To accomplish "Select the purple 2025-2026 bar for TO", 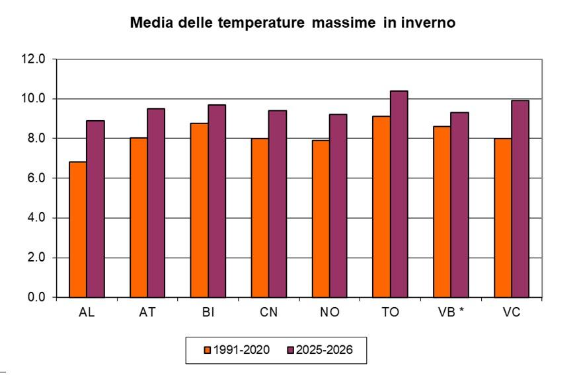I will click(x=399, y=194).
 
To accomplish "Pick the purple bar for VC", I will click(x=520, y=199).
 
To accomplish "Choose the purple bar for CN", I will click(x=278, y=204).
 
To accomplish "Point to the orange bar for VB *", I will click(x=442, y=211).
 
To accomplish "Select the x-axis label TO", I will click(x=390, y=313).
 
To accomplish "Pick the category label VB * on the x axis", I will click(x=451, y=313).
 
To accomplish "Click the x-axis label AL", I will click(x=87, y=313).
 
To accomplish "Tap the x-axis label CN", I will click(x=268, y=313).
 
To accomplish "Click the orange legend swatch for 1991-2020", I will click(x=207, y=350).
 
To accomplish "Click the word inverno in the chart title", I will click(x=424, y=24).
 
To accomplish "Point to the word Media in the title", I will click(x=149, y=24).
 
